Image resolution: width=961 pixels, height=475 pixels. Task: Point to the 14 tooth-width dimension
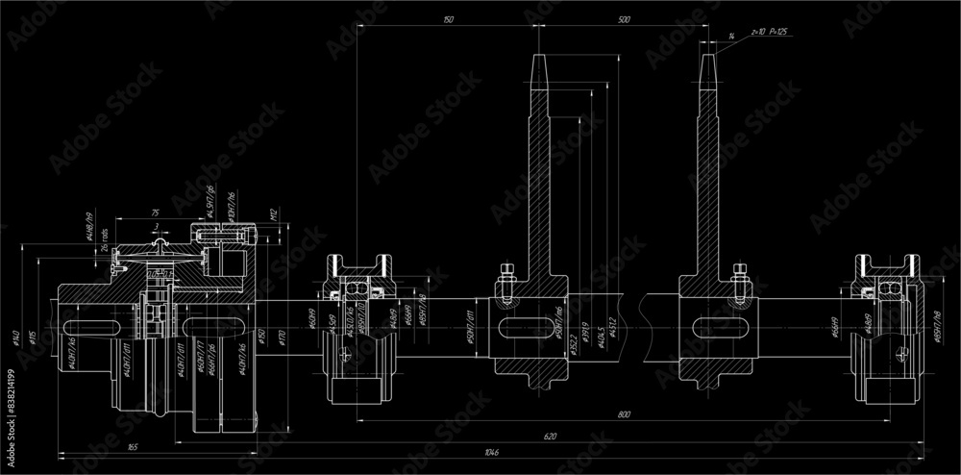(x=731, y=36)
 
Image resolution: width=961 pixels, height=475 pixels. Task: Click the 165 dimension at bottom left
(x=132, y=446)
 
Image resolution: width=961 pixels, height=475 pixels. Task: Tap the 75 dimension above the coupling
(x=154, y=212)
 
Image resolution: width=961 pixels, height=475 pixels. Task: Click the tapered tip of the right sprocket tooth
(x=710, y=67)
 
